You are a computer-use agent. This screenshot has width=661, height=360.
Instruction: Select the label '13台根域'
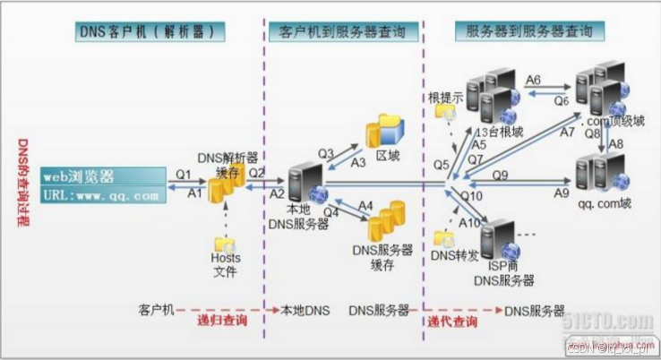[501, 132]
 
